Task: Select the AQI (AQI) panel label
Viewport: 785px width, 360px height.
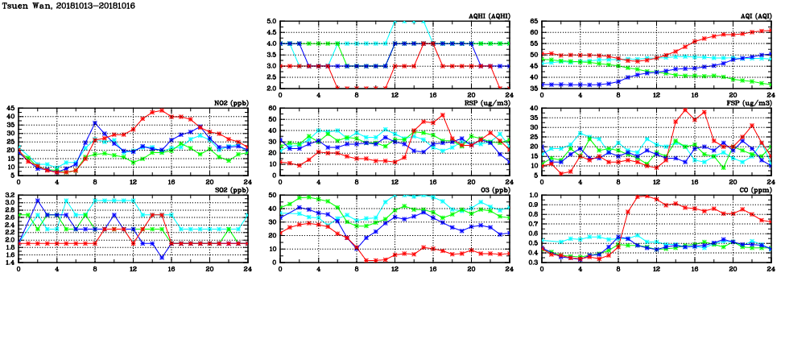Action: click(754, 16)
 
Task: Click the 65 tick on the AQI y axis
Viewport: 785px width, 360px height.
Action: click(534, 21)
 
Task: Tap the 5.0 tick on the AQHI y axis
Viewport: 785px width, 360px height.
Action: click(271, 21)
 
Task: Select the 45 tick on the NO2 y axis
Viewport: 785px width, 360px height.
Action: click(10, 108)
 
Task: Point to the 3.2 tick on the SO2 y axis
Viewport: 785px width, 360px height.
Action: click(9, 195)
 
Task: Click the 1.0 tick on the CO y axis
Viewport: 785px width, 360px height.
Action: click(532, 195)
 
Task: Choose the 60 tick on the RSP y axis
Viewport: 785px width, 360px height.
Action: click(272, 108)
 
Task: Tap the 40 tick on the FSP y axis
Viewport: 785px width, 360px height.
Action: click(534, 108)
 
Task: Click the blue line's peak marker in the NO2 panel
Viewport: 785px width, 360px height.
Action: click(95, 123)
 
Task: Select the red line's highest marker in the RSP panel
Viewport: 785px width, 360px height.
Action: click(443, 115)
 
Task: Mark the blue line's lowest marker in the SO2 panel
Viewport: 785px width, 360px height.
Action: click(162, 257)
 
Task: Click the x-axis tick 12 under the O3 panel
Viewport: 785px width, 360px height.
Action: click(395, 268)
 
